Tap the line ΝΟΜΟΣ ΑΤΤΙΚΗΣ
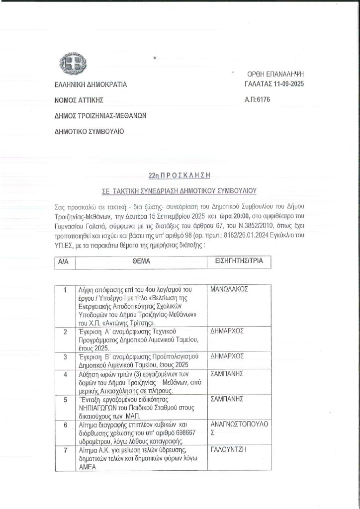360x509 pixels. click(x=79, y=100)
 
